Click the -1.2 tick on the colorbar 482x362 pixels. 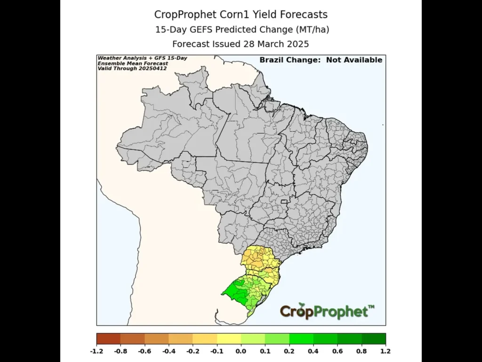[x=96, y=351]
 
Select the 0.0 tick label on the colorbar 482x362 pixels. [x=241, y=351]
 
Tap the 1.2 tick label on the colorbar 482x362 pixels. [x=386, y=351]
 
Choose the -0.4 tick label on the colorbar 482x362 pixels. [x=169, y=351]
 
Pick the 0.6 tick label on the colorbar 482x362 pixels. [x=337, y=351]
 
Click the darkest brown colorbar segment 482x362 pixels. [x=108, y=339]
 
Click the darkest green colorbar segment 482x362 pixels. [x=374, y=339]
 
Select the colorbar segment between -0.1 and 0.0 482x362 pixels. [x=229, y=339]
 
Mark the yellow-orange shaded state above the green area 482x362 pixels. [x=257, y=258]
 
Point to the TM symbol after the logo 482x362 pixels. [x=371, y=307]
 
